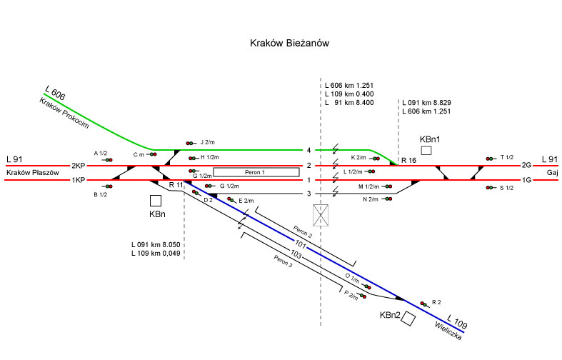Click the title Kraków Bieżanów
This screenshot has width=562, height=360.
[289, 44]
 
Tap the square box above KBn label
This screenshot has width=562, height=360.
[156, 201]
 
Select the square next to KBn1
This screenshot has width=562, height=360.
[426, 150]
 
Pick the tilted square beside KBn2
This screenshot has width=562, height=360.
[408, 319]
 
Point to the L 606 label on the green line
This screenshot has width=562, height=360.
[55, 92]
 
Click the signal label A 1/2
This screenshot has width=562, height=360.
[101, 154]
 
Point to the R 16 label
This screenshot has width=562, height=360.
[409, 160]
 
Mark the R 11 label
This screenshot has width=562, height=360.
[176, 185]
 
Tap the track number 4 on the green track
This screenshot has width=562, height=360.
[308, 150]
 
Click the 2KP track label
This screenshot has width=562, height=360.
[79, 166]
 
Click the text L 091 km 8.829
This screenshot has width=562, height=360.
[427, 102]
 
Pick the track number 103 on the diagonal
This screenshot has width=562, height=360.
[297, 255]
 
